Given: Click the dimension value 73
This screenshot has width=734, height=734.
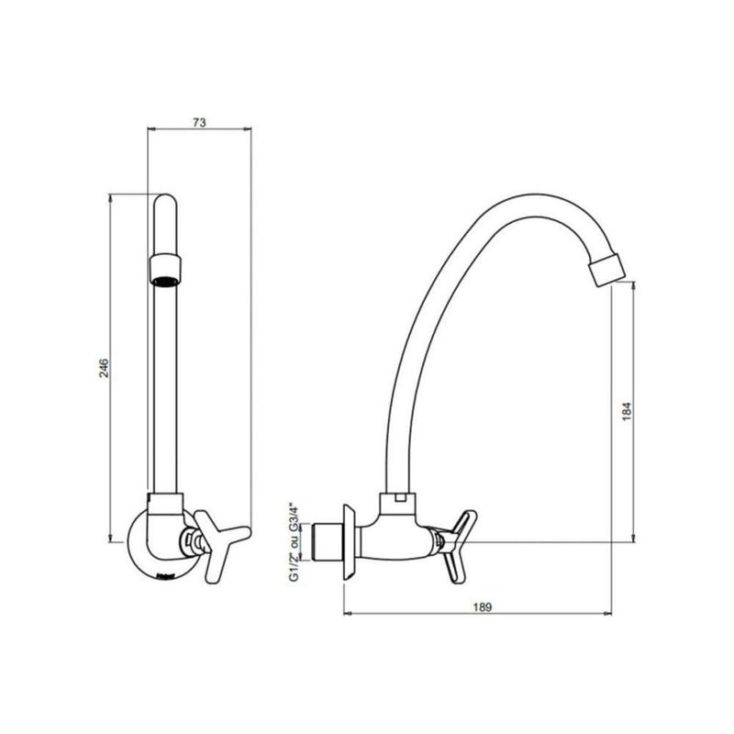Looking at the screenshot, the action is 199,122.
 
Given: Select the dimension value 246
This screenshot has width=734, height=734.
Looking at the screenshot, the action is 104,369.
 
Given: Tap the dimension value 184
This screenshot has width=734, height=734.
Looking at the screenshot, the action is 627,411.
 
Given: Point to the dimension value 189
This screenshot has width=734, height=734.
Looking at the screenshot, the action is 482,607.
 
